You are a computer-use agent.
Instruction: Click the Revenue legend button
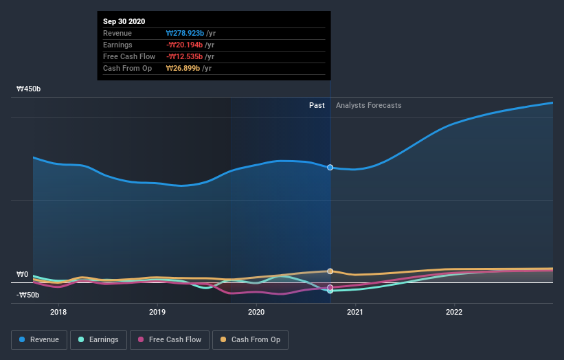40,339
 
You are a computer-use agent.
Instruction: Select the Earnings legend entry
99,339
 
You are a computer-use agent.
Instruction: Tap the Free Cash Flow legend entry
170,339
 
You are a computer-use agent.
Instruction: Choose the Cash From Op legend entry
251,339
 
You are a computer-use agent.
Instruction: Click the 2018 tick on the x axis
58,312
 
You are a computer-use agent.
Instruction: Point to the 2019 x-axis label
157,312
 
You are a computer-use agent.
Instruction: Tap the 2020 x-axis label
256,312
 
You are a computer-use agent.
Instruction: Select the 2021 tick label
355,312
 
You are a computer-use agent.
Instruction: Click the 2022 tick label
454,312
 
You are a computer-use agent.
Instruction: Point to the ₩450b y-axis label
30,89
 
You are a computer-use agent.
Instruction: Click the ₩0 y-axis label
22,275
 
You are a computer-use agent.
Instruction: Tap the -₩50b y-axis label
28,295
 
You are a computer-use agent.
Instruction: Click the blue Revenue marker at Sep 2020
330,167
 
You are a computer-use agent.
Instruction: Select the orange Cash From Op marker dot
330,271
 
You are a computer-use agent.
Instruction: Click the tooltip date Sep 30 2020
124,22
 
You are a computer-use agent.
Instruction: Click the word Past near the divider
317,105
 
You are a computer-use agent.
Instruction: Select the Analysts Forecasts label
369,105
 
